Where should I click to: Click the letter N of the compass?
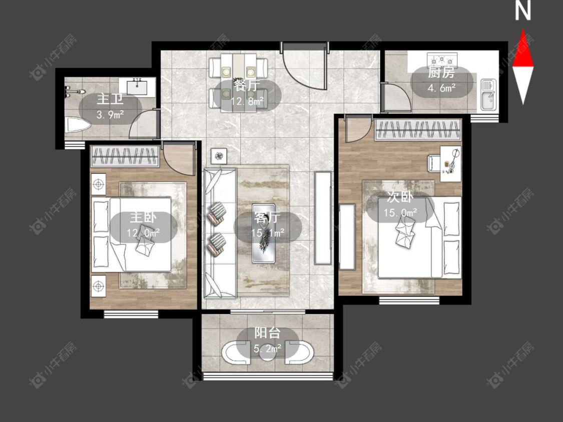tap(523, 11)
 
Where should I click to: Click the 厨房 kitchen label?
tap(441, 73)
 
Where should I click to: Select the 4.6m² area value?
tap(441, 87)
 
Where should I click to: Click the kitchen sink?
tap(488, 94)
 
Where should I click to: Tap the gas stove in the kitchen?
tap(442, 59)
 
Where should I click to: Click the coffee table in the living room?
tap(264, 233)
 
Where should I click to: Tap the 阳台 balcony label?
tap(267, 332)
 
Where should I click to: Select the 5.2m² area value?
tap(268, 348)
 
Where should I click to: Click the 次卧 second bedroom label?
tap(400, 197)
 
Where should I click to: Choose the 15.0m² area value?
tap(400, 212)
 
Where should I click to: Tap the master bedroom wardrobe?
tap(125, 156)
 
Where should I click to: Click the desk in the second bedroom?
tap(451, 163)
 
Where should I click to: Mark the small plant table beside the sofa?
tap(219, 156)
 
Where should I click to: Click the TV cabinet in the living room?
tap(323, 218)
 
